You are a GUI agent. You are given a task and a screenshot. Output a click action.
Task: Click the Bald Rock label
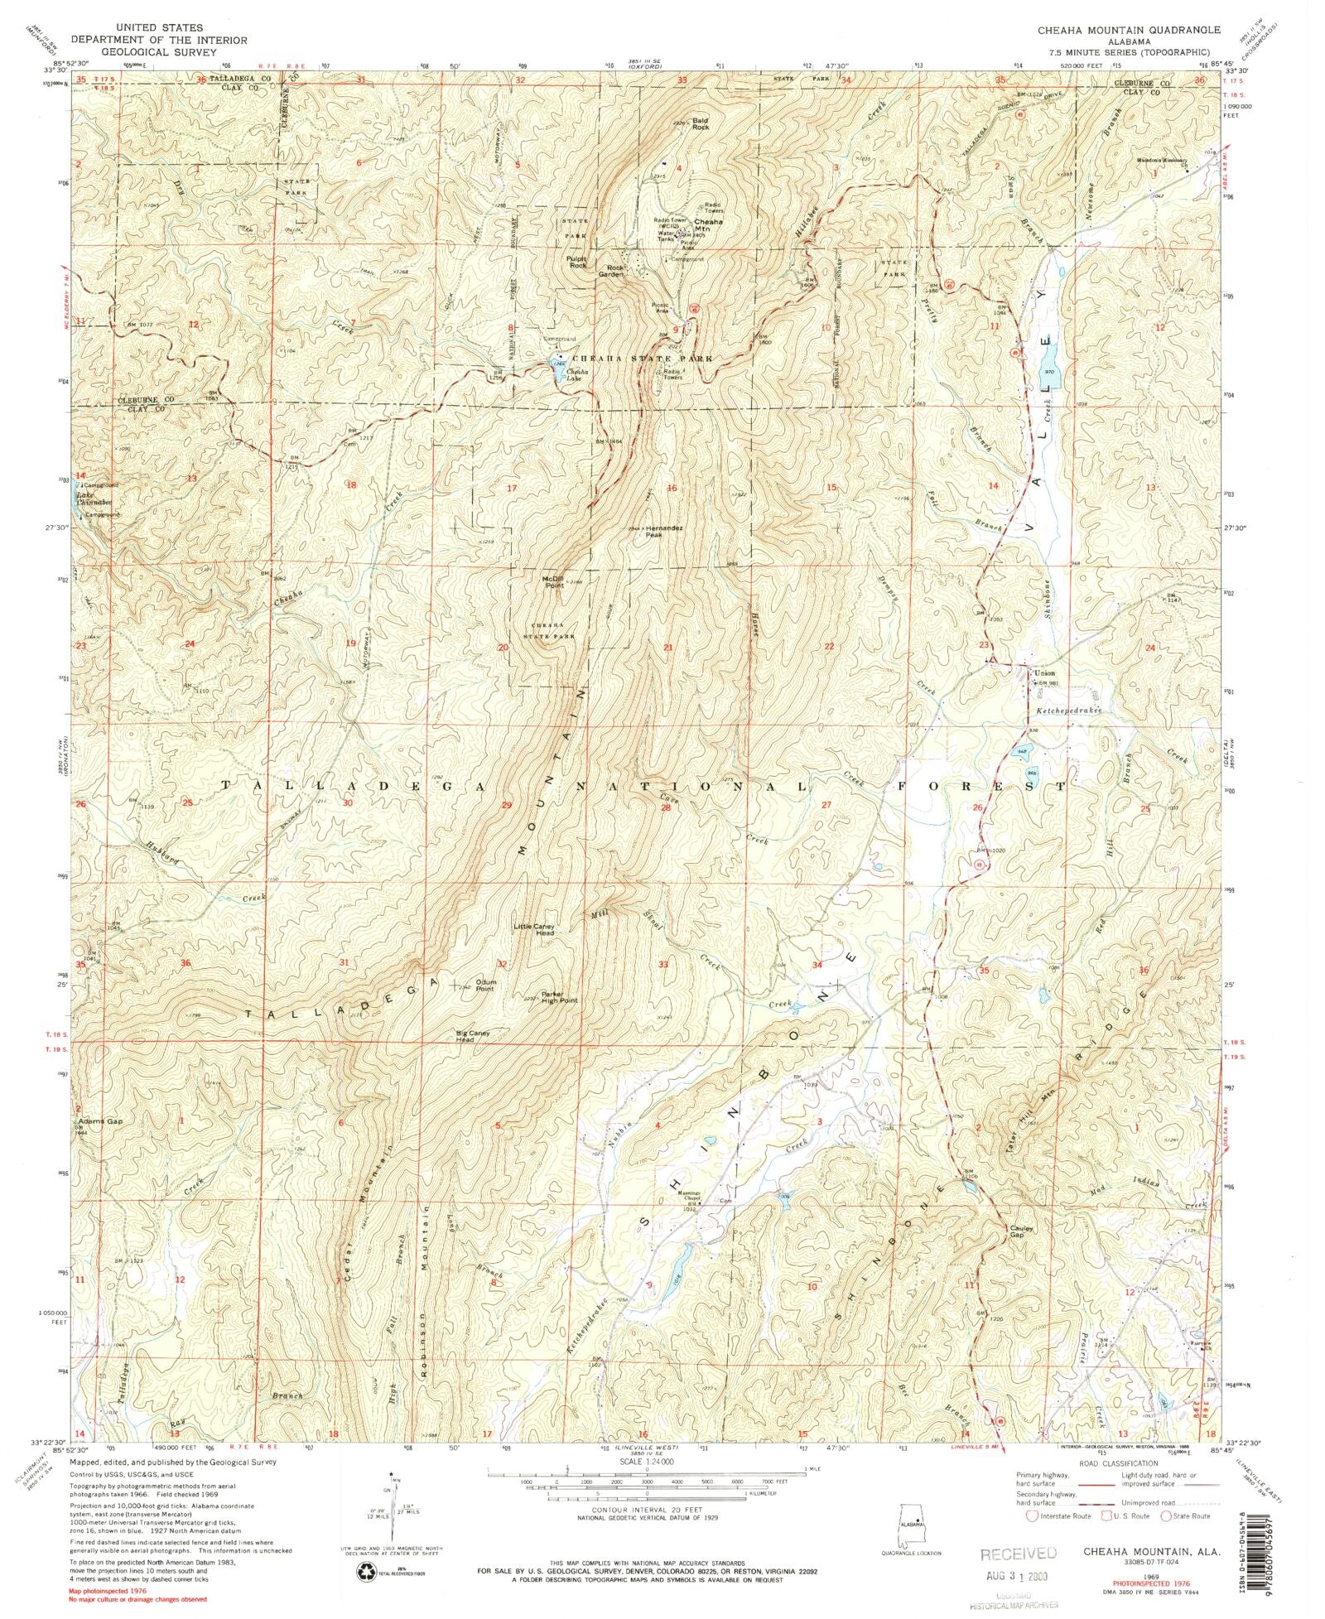tap(701, 123)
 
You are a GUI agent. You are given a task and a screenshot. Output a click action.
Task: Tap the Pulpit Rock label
tap(577, 262)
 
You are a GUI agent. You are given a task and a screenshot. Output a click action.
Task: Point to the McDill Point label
tap(552, 582)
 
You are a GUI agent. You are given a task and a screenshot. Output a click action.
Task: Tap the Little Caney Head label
tap(533, 929)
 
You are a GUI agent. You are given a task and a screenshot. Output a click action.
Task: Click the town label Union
tap(1043, 673)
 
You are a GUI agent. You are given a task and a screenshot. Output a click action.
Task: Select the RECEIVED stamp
tap(1018, 1553)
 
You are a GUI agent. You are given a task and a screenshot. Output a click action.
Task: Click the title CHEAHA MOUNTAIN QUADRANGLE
tap(1128, 30)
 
